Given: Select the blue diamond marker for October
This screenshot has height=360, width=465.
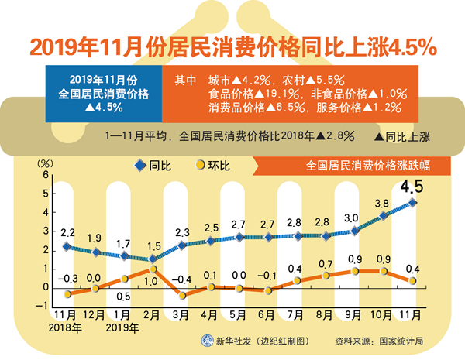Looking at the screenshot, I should click(384, 216).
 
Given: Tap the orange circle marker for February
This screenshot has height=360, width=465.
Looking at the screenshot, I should click(153, 269).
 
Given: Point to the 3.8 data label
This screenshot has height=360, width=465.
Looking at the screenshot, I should click(381, 204).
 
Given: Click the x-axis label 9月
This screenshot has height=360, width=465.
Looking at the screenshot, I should click(354, 316).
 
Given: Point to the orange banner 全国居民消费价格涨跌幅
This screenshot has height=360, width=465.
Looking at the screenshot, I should click(356, 165).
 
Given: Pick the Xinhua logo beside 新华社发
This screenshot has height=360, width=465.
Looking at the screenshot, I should click(208, 341).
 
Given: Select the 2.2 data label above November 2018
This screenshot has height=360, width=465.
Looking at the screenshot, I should click(67, 232).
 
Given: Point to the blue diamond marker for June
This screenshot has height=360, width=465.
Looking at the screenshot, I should click(267, 237).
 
